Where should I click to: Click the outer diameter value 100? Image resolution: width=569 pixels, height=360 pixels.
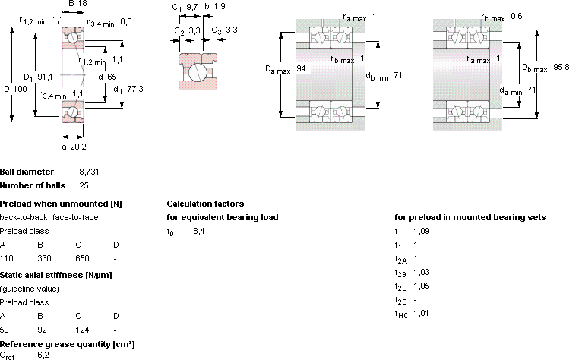(21, 89)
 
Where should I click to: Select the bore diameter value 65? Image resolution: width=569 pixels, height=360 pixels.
(112, 77)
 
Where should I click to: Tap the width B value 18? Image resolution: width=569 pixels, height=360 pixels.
(82, 4)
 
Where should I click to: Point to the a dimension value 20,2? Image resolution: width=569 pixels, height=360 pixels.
(79, 147)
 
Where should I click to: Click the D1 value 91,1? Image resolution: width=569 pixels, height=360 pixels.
(45, 77)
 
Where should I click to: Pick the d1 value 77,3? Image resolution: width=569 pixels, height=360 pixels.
(135, 89)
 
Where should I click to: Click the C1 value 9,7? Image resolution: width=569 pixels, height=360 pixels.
(192, 7)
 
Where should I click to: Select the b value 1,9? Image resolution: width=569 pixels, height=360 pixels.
(220, 7)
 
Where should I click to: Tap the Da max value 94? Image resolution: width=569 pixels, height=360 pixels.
(301, 68)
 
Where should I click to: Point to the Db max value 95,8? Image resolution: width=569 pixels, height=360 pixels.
(561, 67)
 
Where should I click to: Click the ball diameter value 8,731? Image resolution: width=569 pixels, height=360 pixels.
(89, 172)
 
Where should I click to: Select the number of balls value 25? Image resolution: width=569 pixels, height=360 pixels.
(84, 185)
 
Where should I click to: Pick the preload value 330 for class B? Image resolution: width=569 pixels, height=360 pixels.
(44, 258)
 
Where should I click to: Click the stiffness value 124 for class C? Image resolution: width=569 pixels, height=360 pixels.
(82, 330)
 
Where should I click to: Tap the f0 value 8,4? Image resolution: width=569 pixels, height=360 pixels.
(199, 231)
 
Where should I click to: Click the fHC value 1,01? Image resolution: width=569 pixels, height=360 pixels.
(421, 313)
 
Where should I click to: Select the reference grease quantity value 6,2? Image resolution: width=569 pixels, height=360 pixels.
(43, 355)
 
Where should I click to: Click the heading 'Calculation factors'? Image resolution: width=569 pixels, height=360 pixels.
(205, 204)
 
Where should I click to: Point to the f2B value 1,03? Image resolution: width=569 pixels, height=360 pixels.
(422, 272)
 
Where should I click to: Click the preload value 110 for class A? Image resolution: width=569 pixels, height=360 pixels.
(7, 258)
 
